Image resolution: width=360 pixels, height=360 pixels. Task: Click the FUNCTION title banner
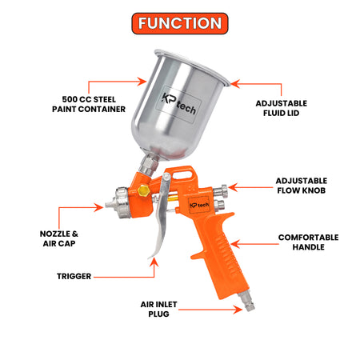[x=180, y=23]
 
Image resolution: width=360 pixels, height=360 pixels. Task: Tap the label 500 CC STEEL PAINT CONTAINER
[x=89, y=104]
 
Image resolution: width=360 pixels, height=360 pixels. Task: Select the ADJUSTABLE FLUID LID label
[x=282, y=108]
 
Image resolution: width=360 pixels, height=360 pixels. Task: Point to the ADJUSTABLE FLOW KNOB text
[x=302, y=186]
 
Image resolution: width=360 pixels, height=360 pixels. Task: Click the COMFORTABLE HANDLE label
[x=309, y=242]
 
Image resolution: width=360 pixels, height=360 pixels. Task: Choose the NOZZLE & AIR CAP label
[x=59, y=238]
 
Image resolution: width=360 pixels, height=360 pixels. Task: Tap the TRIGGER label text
[x=74, y=276]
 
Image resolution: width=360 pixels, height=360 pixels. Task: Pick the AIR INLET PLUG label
[x=158, y=309]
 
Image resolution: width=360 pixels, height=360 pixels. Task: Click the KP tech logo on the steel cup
[x=179, y=104]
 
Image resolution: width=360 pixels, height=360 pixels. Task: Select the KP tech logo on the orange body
[x=199, y=205]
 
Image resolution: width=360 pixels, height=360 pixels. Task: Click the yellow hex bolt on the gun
[x=144, y=190]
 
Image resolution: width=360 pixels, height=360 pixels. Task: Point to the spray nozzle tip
[x=109, y=205]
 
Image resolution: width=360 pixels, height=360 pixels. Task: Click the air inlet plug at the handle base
[x=246, y=302]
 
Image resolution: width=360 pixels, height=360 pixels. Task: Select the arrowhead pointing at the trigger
[x=154, y=262]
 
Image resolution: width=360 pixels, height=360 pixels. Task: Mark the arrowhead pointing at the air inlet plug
[x=238, y=310]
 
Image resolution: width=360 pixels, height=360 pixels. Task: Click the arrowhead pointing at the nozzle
[x=99, y=207]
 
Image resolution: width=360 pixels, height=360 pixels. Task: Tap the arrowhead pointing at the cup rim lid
[x=235, y=84]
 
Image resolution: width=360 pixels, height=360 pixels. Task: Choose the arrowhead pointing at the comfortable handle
[x=235, y=244]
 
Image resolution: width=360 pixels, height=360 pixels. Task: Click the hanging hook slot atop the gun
[x=182, y=175]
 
